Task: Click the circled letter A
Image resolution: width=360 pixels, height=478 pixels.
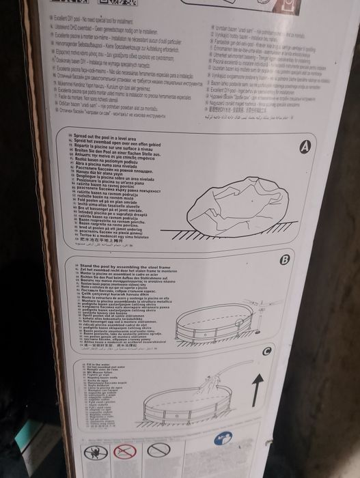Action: coord(305,146)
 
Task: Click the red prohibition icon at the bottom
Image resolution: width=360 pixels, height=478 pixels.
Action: coord(124,453)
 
